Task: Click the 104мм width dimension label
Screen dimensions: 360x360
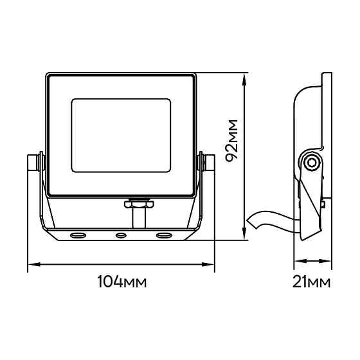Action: pyautogui.click(x=122, y=282)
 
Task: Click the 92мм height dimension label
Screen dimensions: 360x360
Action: pyautogui.click(x=231, y=141)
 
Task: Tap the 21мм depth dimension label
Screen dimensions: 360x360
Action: pyautogui.click(x=311, y=282)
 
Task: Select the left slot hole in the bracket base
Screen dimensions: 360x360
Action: pyautogui.click(x=78, y=235)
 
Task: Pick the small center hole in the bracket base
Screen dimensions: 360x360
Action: pyautogui.click(x=121, y=235)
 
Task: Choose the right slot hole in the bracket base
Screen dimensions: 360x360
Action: pyautogui.click(x=165, y=235)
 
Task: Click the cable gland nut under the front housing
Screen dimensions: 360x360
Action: pyautogui.click(x=139, y=204)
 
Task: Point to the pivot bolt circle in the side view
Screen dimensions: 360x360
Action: pyautogui.click(x=311, y=163)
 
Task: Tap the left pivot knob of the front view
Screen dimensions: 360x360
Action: pyautogui.click(x=35, y=163)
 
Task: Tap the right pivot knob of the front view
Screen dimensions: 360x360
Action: pyautogui.click(x=206, y=163)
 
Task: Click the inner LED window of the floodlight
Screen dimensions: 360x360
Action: pyautogui.click(x=121, y=136)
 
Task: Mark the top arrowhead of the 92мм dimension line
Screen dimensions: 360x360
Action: pyautogui.click(x=245, y=79)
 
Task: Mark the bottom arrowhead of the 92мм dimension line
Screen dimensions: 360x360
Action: pyautogui.click(x=245, y=234)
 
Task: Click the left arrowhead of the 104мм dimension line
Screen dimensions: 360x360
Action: pyautogui.click(x=34, y=264)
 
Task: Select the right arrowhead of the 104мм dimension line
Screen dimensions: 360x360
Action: pyautogui.click(x=208, y=264)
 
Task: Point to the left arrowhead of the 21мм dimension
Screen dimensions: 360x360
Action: pyautogui.click(x=300, y=261)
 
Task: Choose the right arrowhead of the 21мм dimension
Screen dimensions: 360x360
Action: pyautogui.click(x=325, y=261)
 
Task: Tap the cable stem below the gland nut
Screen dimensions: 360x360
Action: pyautogui.click(x=139, y=218)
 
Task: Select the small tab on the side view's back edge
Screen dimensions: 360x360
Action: pyautogui.click(x=323, y=204)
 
